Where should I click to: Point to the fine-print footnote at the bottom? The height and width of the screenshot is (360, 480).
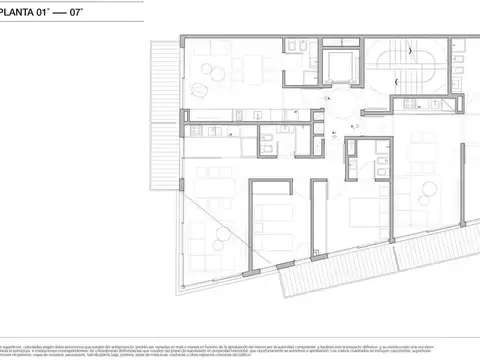tap(240, 324)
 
